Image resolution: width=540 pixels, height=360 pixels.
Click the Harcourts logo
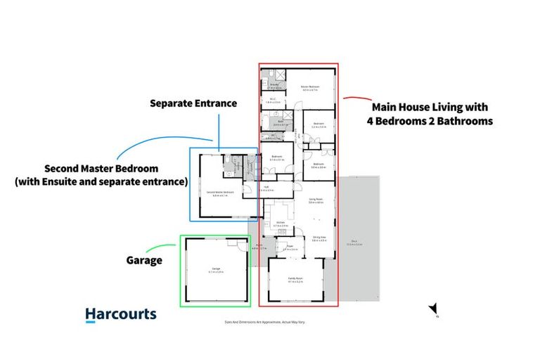click(121, 314)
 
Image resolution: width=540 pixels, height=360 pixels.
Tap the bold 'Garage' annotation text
click(144, 260)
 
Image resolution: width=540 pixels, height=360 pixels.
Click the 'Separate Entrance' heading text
click(193, 103)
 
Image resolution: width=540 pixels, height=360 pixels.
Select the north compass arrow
click(434, 310)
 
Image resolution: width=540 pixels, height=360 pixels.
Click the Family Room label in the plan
click(295, 279)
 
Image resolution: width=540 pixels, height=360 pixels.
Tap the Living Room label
click(314, 200)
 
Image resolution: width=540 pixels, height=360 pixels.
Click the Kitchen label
click(280, 224)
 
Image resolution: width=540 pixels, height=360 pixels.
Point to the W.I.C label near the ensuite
click(273, 100)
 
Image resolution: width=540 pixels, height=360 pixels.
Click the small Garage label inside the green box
click(216, 269)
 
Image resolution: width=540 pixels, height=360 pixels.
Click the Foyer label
click(290, 247)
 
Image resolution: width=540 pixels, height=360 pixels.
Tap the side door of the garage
click(240, 238)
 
